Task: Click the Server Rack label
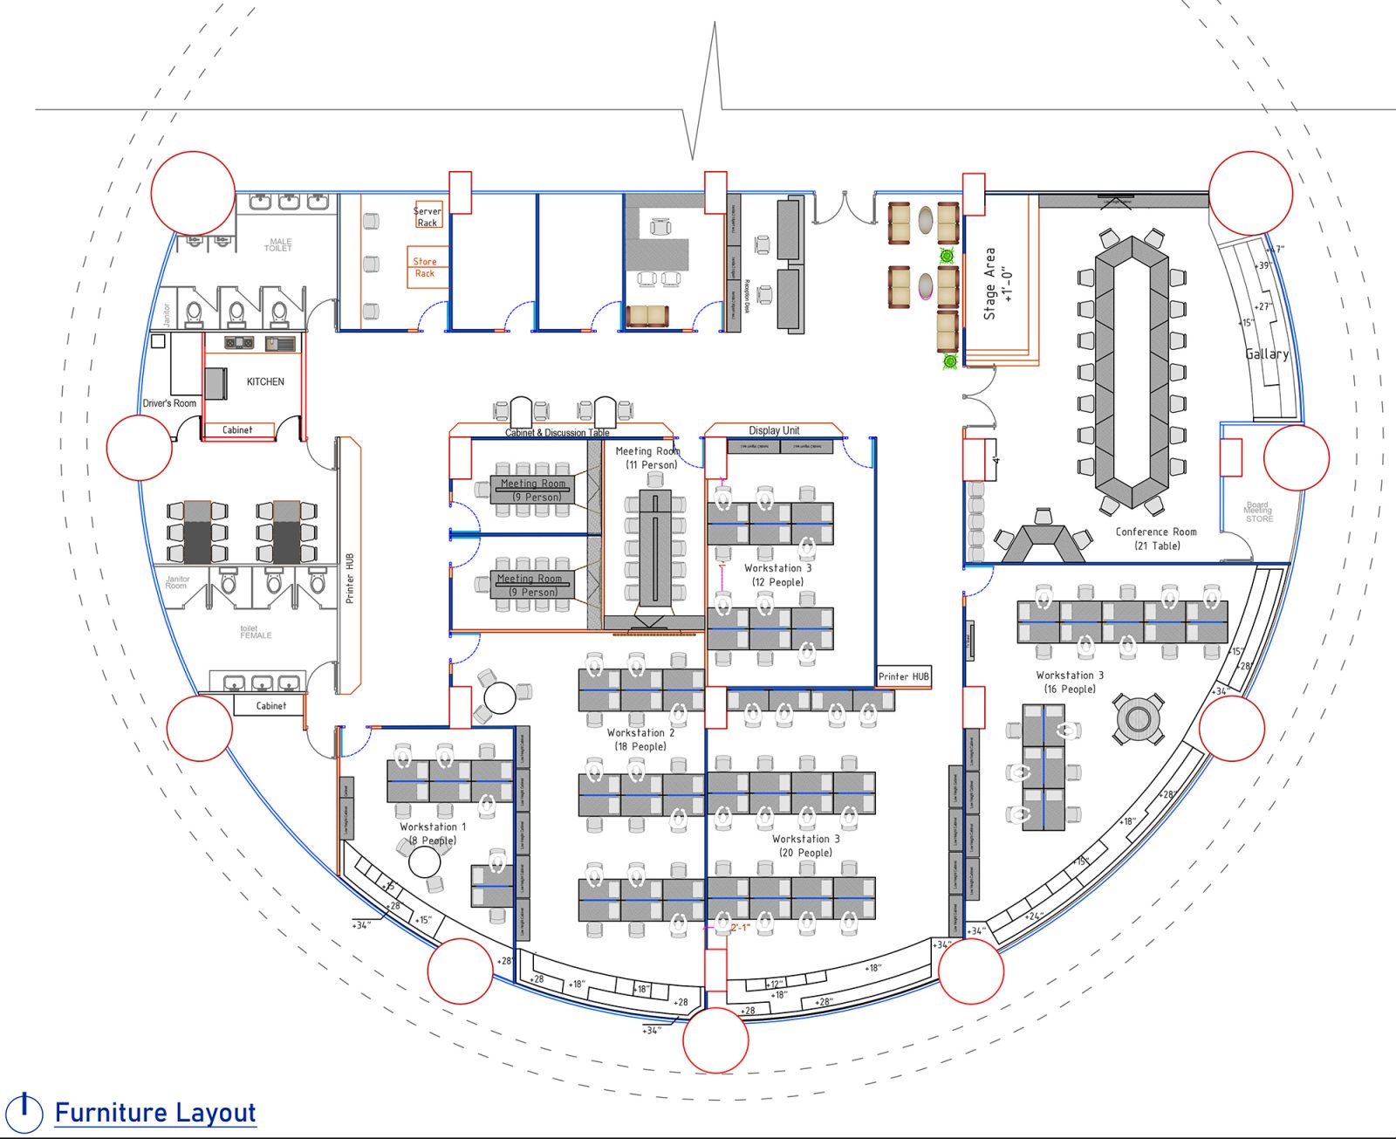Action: (x=427, y=216)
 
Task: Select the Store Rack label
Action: (x=425, y=267)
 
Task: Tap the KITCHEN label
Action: (x=265, y=381)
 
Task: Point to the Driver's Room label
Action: (x=169, y=403)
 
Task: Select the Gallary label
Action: (x=1267, y=353)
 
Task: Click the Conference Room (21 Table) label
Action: (x=1156, y=539)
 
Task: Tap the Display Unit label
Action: (x=774, y=430)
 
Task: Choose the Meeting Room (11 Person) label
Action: (x=648, y=458)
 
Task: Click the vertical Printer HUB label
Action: (x=350, y=578)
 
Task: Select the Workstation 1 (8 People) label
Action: (x=433, y=834)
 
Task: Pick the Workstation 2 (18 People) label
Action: (x=640, y=739)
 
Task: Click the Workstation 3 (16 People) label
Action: (x=1070, y=682)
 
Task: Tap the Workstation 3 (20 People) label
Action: (x=805, y=846)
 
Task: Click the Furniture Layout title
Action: (x=154, y=1113)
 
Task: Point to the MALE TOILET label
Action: (x=279, y=245)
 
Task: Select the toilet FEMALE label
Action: (x=256, y=632)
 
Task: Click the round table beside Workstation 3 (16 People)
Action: (x=1138, y=718)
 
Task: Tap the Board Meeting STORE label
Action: (x=1258, y=512)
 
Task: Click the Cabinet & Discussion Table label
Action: (x=557, y=433)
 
